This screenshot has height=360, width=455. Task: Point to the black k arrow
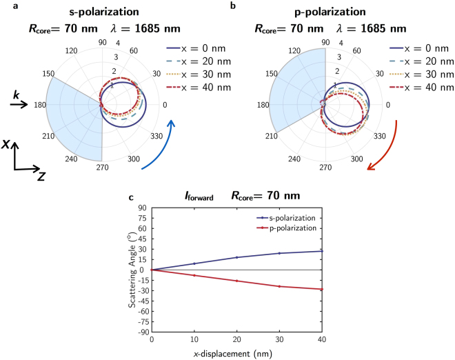pyautogui.click(x=18, y=105)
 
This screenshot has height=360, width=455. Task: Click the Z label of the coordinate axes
pyautogui.click(x=41, y=177)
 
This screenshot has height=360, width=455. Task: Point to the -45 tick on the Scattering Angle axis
pyautogui.click(x=141, y=301)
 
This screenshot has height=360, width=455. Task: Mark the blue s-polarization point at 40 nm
pyautogui.click(x=322, y=251)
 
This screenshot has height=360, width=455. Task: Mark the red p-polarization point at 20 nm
pyautogui.click(x=236, y=281)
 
